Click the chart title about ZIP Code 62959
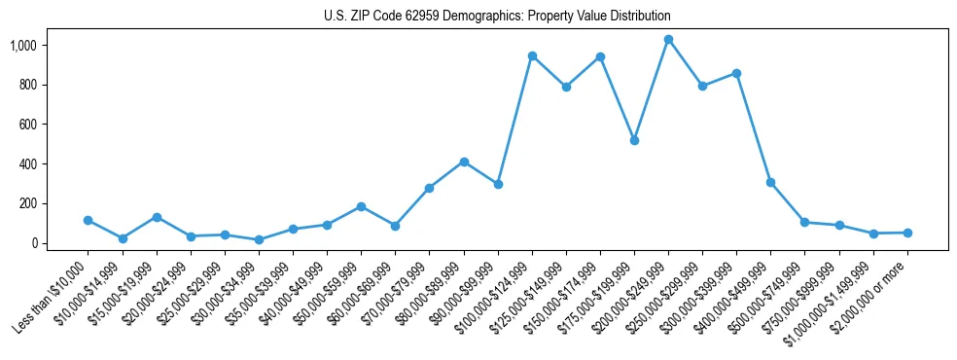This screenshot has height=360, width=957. point(497,17)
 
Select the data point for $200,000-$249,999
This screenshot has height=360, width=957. point(668,40)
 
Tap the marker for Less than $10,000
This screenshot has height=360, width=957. point(89,220)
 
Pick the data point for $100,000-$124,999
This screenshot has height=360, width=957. point(532,56)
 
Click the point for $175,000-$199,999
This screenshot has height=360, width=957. point(634,140)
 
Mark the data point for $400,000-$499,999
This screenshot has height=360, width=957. point(770,182)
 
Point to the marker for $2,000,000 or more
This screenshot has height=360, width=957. point(907,233)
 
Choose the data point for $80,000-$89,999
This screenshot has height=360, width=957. point(464,162)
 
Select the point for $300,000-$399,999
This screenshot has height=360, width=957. point(736,73)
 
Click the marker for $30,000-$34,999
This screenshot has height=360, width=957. point(259,239)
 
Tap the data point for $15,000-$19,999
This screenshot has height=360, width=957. point(157,217)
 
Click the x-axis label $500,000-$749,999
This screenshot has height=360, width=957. point(772,293)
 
